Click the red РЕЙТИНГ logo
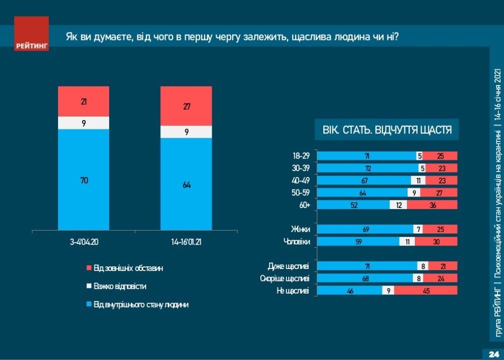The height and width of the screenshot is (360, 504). (31, 33)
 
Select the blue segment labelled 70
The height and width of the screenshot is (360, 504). (84, 179)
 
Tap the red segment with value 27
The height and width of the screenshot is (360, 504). (186, 106)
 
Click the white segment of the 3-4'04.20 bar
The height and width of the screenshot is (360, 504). (84, 123)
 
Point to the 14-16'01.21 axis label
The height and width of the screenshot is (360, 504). (186, 242)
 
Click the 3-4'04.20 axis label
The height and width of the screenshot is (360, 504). (84, 242)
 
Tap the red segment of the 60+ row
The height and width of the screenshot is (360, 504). (432, 204)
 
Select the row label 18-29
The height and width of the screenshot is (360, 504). (301, 156)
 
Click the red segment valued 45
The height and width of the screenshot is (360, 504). (425, 290)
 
